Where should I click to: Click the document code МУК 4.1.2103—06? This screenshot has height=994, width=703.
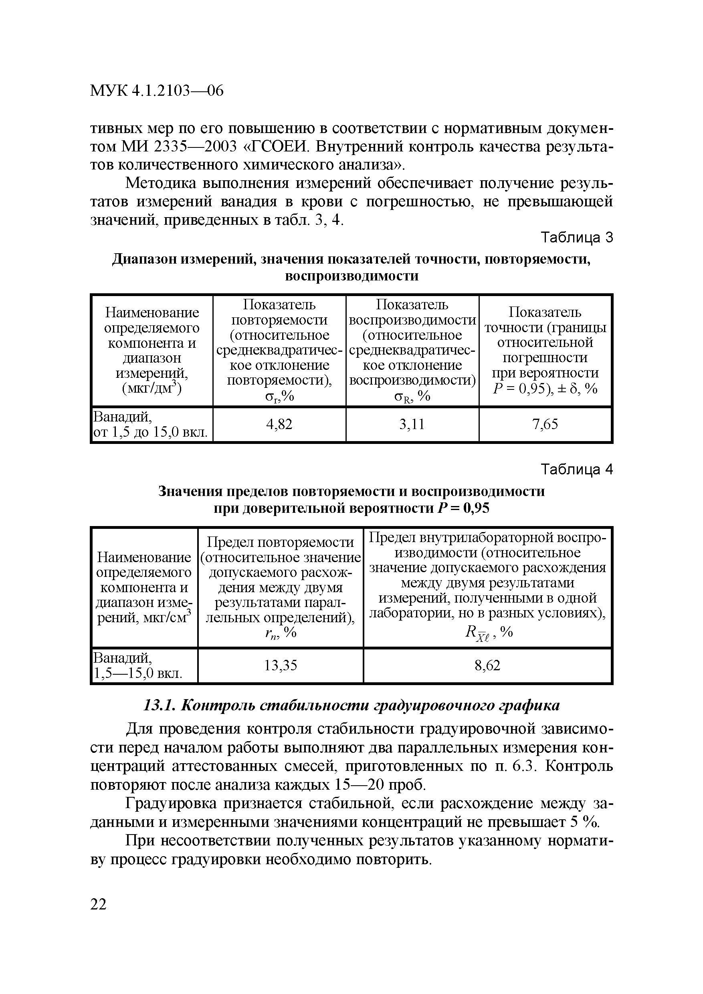pyautogui.click(x=157, y=91)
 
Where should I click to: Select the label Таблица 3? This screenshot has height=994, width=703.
pyautogui.click(x=578, y=238)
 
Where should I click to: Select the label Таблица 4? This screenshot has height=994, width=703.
pyautogui.click(x=578, y=470)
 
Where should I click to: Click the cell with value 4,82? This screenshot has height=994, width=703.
pyautogui.click(x=279, y=424)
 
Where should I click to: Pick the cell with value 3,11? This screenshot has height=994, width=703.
pyautogui.click(x=412, y=424)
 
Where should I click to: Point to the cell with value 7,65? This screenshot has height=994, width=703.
pyautogui.click(x=545, y=424)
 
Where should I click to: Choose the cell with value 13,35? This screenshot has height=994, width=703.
pyautogui.click(x=281, y=665)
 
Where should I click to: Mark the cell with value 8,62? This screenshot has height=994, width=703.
pyautogui.click(x=487, y=665)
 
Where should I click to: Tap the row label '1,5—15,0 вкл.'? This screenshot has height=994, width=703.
pyautogui.click(x=138, y=673)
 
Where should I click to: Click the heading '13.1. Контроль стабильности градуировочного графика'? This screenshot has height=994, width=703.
pyautogui.click(x=351, y=705)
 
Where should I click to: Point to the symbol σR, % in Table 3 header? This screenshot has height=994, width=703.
pyautogui.click(x=412, y=396)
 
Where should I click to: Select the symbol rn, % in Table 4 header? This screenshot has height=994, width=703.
pyautogui.click(x=280, y=633)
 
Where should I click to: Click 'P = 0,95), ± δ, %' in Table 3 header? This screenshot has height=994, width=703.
pyautogui.click(x=545, y=388)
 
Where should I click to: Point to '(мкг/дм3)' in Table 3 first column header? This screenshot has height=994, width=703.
pyautogui.click(x=152, y=387)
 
